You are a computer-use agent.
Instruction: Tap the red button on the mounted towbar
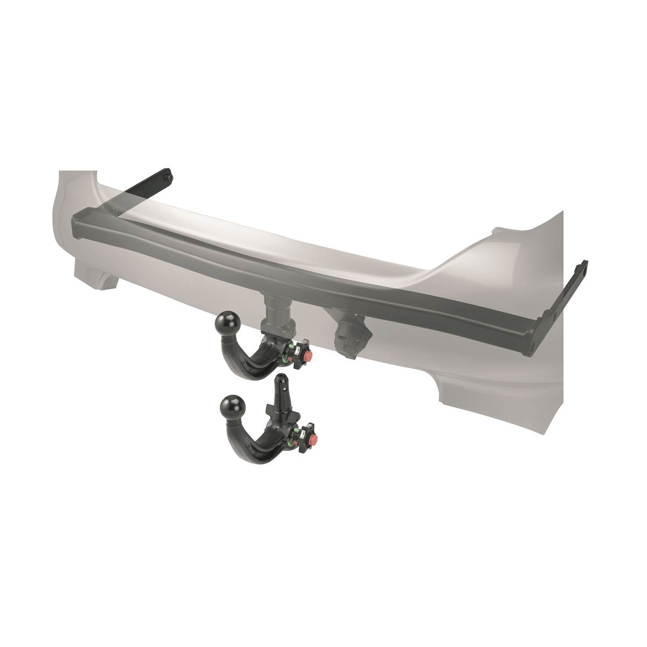tap(308, 357)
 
